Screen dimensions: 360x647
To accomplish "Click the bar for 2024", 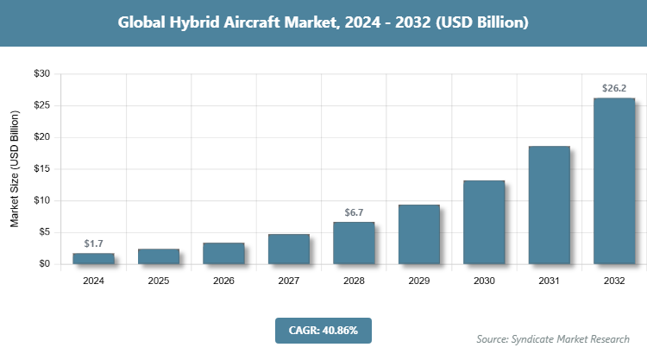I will (94, 258).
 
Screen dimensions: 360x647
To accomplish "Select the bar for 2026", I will (223, 253).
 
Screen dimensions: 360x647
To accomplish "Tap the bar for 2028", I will (354, 243).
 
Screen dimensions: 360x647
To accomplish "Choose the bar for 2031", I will (549, 205).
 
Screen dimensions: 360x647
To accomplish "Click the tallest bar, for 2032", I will (614, 180).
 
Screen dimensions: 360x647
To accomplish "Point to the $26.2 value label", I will (614, 88).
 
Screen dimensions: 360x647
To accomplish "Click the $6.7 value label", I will (354, 212).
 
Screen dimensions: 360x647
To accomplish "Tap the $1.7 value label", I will (94, 244).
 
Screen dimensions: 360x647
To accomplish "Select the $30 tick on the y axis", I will (41, 74).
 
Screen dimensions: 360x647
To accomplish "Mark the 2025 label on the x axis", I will (159, 281).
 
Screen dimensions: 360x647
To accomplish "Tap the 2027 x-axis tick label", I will (289, 281).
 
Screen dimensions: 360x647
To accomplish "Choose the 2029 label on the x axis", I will (419, 281).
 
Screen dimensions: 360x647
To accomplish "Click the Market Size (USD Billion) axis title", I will (15, 169).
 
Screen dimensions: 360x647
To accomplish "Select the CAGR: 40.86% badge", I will (323, 329).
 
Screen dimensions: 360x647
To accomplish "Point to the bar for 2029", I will (419, 234).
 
